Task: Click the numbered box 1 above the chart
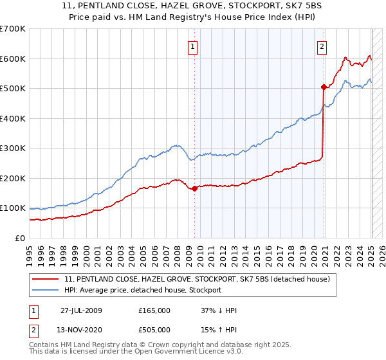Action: click(x=193, y=46)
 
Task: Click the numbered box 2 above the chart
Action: click(x=321, y=46)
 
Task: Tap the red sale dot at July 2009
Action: click(x=194, y=188)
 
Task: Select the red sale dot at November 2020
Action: click(x=324, y=86)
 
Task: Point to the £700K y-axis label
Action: click(x=12, y=29)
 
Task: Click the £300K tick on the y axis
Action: click(x=12, y=148)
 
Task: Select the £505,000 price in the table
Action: click(x=154, y=330)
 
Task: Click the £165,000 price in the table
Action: click(x=154, y=310)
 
